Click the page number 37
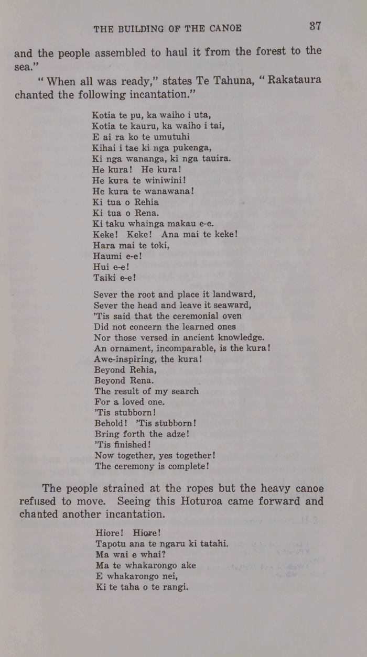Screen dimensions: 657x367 tap(315, 26)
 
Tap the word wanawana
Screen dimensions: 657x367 tap(169, 191)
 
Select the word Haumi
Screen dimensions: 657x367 tap(107, 256)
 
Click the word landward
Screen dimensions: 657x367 tap(231, 294)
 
